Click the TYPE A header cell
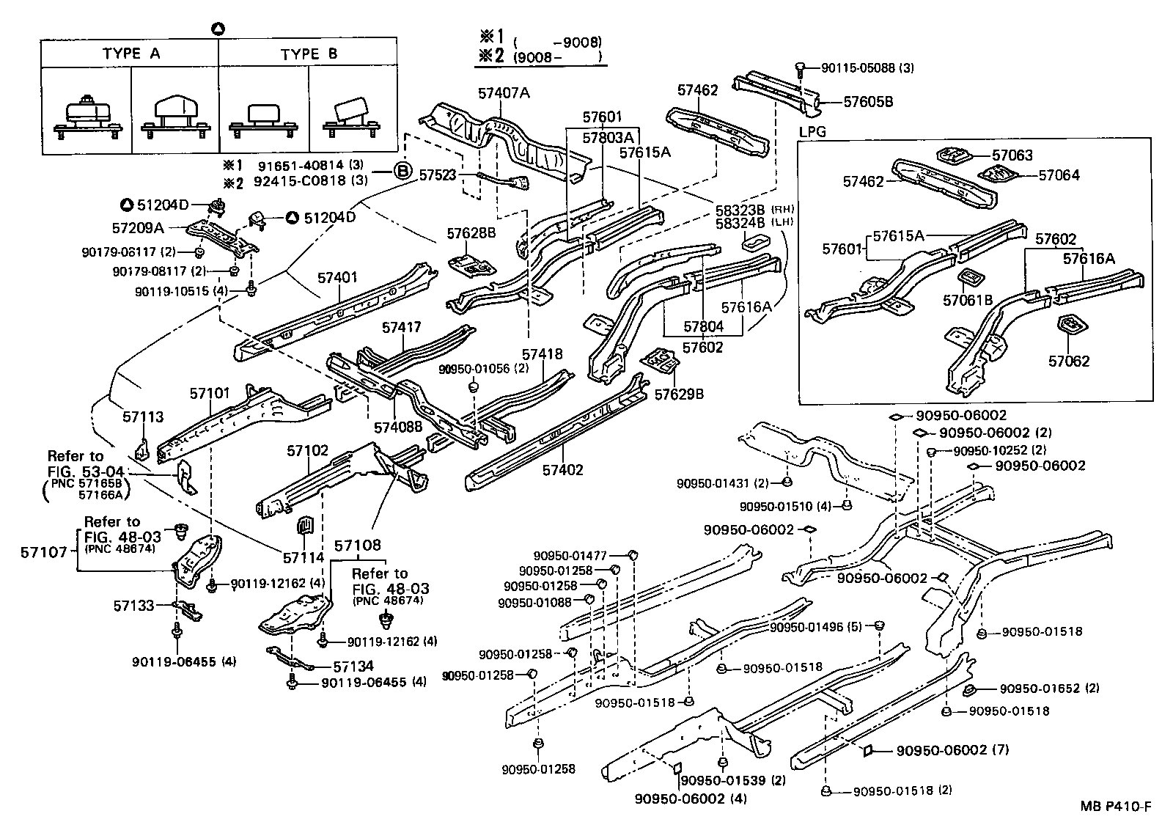[130, 54]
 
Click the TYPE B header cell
[309, 54]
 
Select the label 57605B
[868, 102]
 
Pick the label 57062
[1068, 361]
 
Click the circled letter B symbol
[402, 172]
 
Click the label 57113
[144, 417]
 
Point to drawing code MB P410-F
[1116, 807]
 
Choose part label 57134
[353, 666]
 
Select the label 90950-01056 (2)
[484, 367]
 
